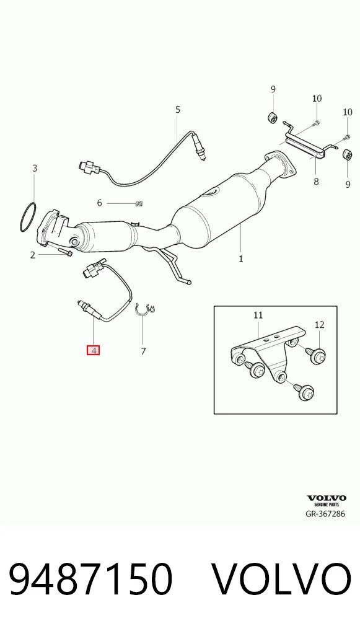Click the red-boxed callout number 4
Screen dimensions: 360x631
pyautogui.click(x=94, y=350)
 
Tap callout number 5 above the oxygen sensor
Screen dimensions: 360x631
pyautogui.click(x=178, y=110)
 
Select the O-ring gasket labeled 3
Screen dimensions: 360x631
pyautogui.click(x=28, y=219)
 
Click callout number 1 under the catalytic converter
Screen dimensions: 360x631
pyautogui.click(x=240, y=258)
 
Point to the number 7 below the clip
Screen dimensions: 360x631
pyautogui.click(x=143, y=351)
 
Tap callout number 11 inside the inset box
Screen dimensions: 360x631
pyautogui.click(x=258, y=315)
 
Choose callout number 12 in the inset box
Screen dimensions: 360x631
pyautogui.click(x=319, y=325)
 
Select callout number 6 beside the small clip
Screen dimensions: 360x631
pyautogui.click(x=99, y=203)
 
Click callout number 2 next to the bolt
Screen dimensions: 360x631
pyautogui.click(x=33, y=255)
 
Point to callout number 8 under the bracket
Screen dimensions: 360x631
pyautogui.click(x=316, y=182)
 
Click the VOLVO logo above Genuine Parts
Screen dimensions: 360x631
pyautogui.click(x=326, y=498)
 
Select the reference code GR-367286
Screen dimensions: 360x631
pyautogui.click(x=326, y=513)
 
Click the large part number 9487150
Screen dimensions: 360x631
pyautogui.click(x=91, y=579)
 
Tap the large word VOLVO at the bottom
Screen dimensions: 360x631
pyautogui.click(x=281, y=579)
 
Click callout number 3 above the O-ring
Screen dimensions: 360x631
pyautogui.click(x=35, y=168)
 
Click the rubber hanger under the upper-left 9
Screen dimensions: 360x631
pyautogui.click(x=273, y=117)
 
